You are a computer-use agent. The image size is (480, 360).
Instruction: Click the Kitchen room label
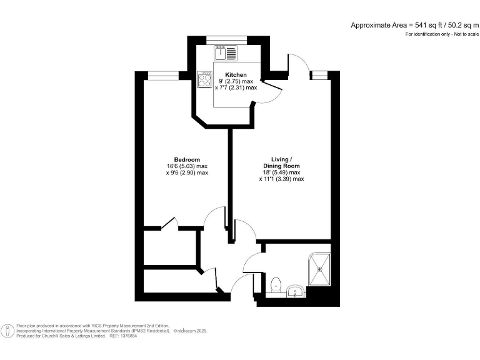click(x=227, y=75)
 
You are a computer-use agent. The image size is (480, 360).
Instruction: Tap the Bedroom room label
click(x=187, y=159)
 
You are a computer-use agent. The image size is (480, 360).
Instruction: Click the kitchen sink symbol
click(x=225, y=52)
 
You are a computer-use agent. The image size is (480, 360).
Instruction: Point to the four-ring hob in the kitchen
click(x=206, y=80)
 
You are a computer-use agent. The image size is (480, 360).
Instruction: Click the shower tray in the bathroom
click(x=320, y=269)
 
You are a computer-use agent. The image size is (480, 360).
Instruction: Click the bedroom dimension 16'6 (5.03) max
click(x=187, y=166)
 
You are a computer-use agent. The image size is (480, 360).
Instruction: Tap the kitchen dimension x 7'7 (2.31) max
click(x=236, y=88)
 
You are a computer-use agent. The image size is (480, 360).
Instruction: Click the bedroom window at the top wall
click(x=156, y=75)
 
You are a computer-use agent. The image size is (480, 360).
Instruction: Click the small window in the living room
click(x=319, y=75)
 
